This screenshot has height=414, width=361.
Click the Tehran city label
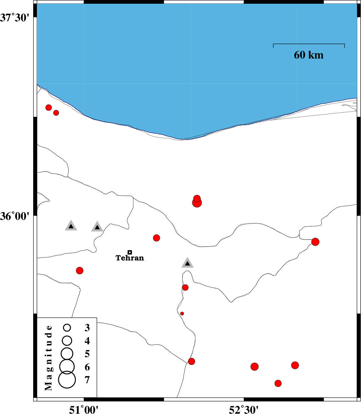pyautogui.click(x=130, y=258)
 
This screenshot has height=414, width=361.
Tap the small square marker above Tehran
pyautogui.click(x=130, y=252)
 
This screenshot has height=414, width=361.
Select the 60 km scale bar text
pyautogui.click(x=309, y=55)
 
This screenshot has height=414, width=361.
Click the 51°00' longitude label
pyautogui.click(x=84, y=409)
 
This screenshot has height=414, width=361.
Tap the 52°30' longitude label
pyautogui.click(x=244, y=409)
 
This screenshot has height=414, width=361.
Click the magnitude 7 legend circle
pyautogui.click(x=67, y=380)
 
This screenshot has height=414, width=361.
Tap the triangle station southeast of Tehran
pyautogui.click(x=187, y=263)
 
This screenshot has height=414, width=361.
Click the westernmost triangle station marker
pyautogui.click(x=71, y=226)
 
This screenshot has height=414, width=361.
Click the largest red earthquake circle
pyautogui.click(x=197, y=203)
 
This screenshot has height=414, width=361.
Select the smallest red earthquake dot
pyautogui.click(x=182, y=314)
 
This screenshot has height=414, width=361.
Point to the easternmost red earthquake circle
pyautogui.click(x=315, y=242)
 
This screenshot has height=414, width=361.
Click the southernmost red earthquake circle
pyautogui.click(x=278, y=383)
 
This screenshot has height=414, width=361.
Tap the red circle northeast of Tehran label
pyautogui.click(x=156, y=238)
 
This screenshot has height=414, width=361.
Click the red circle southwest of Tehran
pyautogui.click(x=80, y=271)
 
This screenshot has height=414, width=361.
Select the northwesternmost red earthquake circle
pyautogui.click(x=49, y=108)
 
